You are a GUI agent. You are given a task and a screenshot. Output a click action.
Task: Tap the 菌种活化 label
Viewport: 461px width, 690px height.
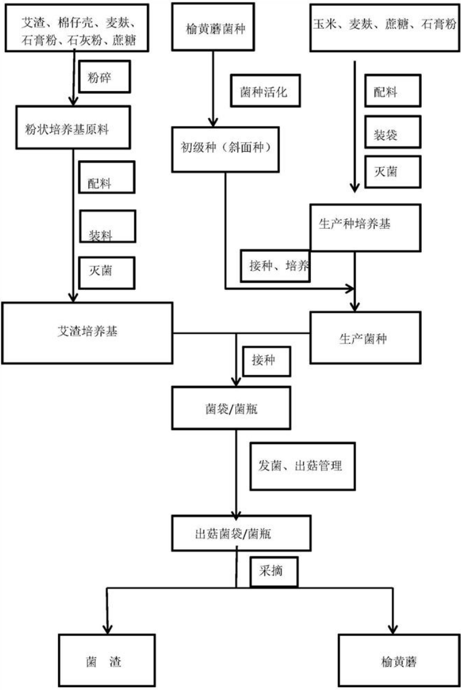pos(264,92)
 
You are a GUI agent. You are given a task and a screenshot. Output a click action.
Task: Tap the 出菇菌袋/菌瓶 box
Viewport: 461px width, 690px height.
pos(232,534)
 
